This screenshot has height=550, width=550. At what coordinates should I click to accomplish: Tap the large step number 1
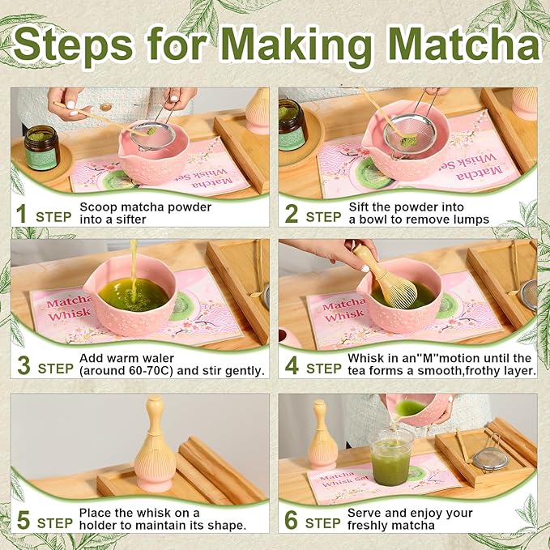click(21, 214)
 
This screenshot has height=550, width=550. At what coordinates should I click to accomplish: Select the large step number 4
click(292, 366)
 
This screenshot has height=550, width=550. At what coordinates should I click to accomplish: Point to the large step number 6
click(291, 520)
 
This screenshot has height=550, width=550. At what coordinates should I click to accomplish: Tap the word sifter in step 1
click(130, 220)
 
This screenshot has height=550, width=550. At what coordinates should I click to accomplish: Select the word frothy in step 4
click(484, 371)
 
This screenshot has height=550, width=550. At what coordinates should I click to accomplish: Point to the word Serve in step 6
click(364, 514)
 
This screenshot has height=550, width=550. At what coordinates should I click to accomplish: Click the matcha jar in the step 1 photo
click(42, 147)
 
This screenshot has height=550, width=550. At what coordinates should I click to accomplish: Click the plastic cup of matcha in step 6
click(391, 458)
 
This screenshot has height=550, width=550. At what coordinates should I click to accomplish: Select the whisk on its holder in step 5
click(155, 445)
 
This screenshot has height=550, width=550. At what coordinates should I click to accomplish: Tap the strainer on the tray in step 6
click(490, 454)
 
